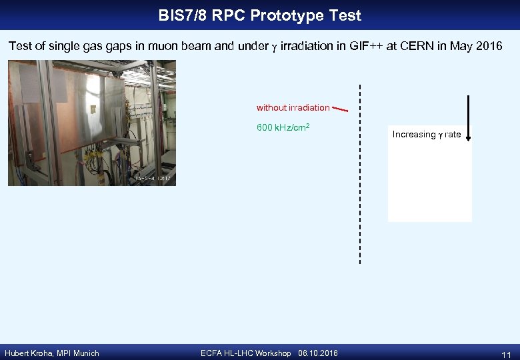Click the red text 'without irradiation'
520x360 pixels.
(293, 107)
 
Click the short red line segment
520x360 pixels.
(340, 108)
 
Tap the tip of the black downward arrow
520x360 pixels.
(469, 139)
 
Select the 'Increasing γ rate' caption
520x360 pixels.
(426, 135)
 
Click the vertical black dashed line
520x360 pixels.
(360, 173)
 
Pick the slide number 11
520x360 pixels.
(505, 354)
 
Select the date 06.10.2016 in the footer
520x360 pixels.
(318, 353)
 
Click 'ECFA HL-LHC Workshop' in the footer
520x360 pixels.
(245, 353)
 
